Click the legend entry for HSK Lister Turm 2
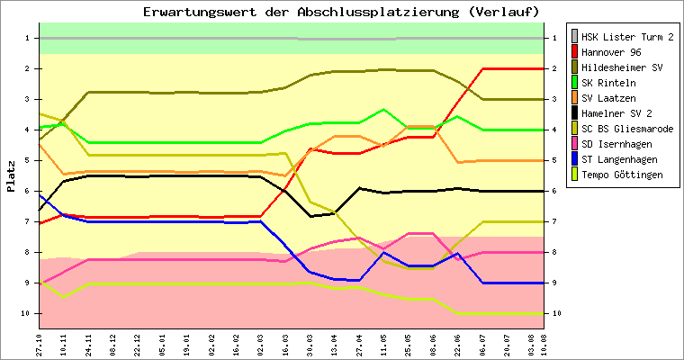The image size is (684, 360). coord(627,38)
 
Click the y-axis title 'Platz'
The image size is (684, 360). coord(11,176)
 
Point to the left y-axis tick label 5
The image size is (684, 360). coord(28,160)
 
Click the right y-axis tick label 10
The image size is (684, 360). coord(558,313)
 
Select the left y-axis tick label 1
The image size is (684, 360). coord(28,38)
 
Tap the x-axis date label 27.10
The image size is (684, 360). coord(40,345)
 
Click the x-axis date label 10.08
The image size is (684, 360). coord(544,345)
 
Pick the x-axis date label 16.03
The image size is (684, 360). coord(285,345)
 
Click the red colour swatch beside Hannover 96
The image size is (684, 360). coord(574,52)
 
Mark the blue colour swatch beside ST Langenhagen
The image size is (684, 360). coord(574,159)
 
